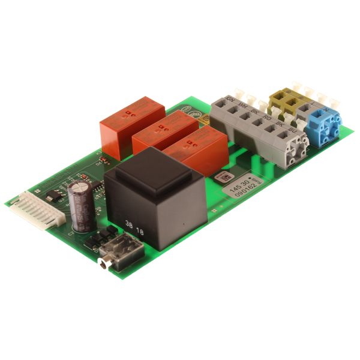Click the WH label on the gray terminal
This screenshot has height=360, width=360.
pos(242,106)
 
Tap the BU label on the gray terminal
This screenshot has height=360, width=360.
pos(292,128)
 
